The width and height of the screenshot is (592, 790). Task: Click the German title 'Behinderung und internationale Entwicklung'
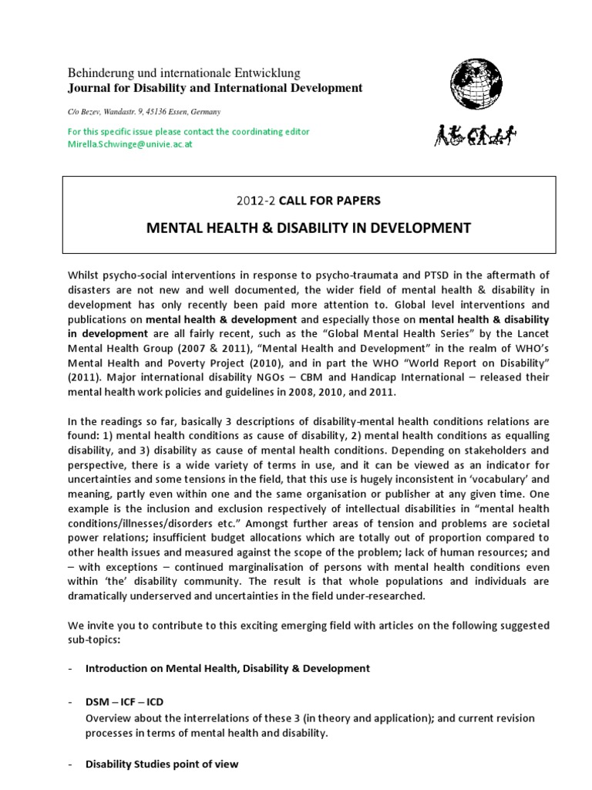pos(173,73)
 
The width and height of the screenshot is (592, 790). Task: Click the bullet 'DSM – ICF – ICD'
pos(124,703)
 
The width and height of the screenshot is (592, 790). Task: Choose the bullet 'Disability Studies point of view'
pos(162,764)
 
